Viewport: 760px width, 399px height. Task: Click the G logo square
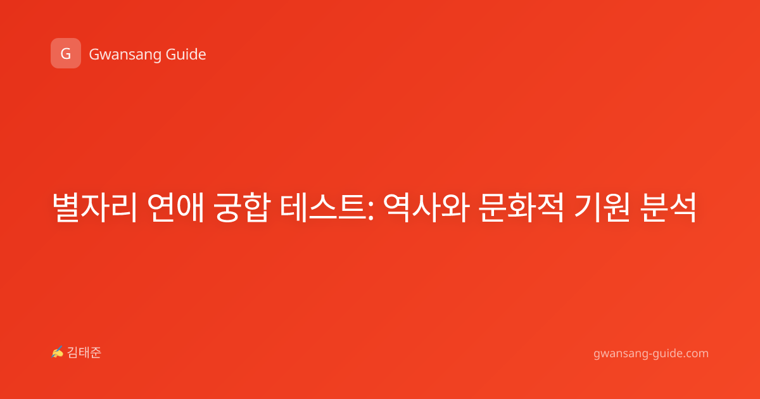(66, 53)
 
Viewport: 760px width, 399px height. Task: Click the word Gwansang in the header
(125, 55)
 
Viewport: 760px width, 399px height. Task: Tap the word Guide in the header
(186, 54)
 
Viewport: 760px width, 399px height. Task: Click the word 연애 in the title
(175, 208)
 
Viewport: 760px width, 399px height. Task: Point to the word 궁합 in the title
(242, 208)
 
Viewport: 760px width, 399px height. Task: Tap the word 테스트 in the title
(322, 208)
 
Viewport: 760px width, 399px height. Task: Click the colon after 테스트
(370, 212)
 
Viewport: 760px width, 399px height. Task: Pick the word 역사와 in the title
(427, 208)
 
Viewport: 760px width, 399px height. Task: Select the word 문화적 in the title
(522, 208)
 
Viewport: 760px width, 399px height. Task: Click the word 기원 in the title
(602, 208)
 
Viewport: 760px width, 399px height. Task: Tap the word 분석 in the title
(668, 208)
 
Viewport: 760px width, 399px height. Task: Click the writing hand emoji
(58, 352)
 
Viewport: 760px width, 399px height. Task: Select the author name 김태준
(84, 353)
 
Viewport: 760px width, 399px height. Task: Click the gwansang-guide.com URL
(651, 354)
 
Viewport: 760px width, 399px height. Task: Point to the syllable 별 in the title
(66, 208)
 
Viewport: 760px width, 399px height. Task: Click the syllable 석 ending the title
(683, 208)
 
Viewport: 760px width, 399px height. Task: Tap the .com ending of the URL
(695, 353)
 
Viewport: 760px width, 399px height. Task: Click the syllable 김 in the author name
(73, 353)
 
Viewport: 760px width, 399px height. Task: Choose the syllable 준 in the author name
(96, 353)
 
